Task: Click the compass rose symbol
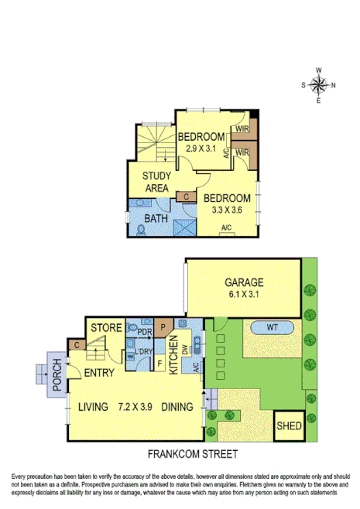318,85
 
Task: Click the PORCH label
57,375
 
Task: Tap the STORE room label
106,329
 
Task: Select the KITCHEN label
176,356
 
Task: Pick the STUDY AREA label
156,181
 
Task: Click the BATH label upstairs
157,218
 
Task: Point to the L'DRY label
143,354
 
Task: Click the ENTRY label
100,373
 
